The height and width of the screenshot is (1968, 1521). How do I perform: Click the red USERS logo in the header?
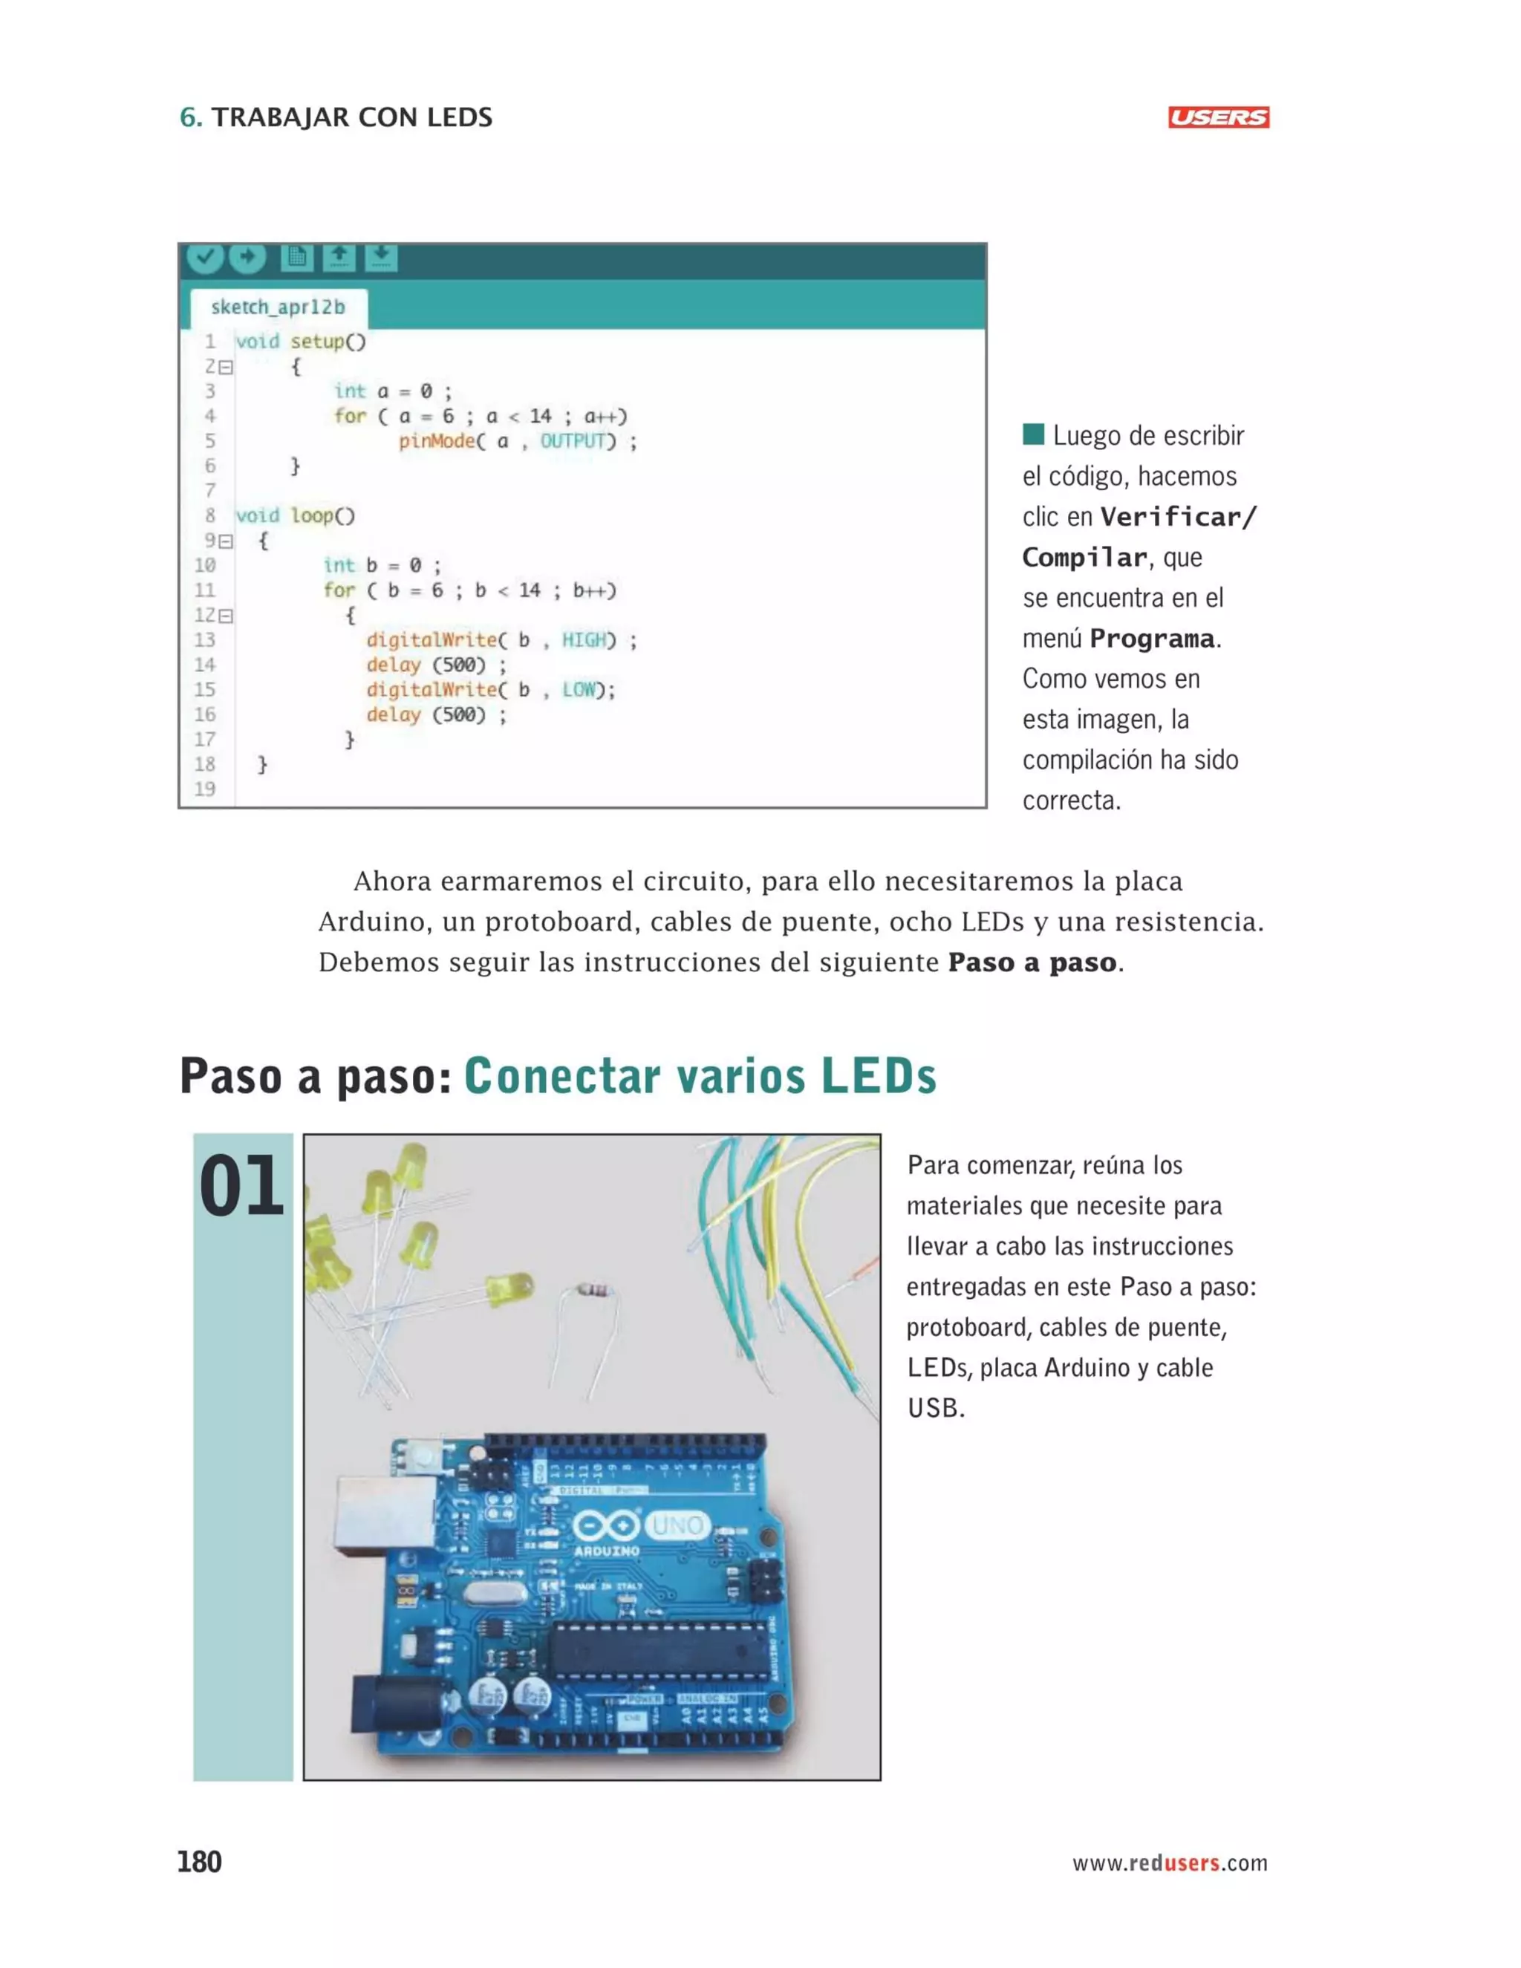click(1218, 117)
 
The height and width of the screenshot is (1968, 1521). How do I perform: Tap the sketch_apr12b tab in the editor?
click(278, 307)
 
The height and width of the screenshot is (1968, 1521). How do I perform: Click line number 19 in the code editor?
click(206, 789)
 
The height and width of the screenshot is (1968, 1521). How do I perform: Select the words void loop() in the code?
click(296, 515)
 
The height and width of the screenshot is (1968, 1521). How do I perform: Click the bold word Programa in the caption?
click(1152, 639)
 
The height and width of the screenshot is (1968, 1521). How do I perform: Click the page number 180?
click(199, 1862)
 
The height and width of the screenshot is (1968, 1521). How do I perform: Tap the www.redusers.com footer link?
click(1170, 1863)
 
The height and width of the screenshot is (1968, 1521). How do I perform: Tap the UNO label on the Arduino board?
click(677, 1525)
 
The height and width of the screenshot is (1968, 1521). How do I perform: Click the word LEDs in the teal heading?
click(879, 1076)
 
